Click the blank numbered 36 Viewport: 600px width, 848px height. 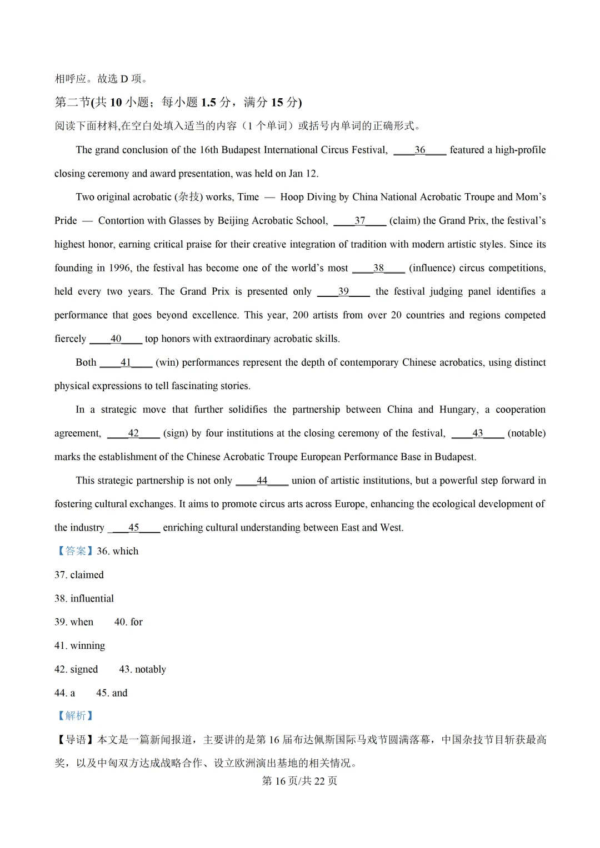(419, 150)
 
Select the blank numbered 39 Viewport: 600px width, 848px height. (343, 291)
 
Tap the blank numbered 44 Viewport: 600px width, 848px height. (262, 481)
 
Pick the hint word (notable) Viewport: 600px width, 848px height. (526, 433)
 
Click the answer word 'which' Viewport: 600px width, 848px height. (126, 551)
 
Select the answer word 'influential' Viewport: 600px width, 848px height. (92, 598)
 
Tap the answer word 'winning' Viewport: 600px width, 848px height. (88, 645)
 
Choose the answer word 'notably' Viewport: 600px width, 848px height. (151, 669)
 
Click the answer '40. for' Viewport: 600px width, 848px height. (128, 622)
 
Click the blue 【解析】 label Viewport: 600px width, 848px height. (75, 716)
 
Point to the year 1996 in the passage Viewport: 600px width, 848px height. (119, 268)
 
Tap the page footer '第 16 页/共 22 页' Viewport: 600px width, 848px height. (299, 781)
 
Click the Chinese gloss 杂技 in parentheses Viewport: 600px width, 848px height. (189, 197)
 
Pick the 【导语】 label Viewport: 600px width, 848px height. (75, 740)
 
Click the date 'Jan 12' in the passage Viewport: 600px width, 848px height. (303, 174)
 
